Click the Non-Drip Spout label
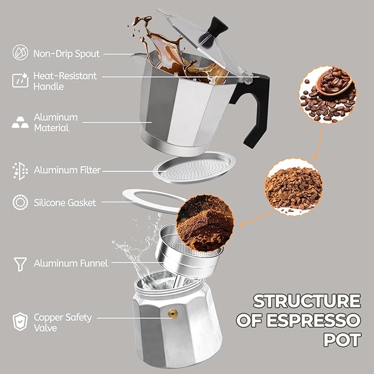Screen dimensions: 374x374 pyautogui.click(x=67, y=53)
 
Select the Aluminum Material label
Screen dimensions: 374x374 pyautogui.click(x=56, y=122)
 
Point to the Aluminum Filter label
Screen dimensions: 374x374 pyautogui.click(x=67, y=170)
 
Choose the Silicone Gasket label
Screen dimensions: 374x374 pyautogui.click(x=64, y=203)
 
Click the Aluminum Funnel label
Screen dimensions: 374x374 pyautogui.click(x=71, y=263)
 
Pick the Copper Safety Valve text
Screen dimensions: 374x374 pyautogui.click(x=63, y=322)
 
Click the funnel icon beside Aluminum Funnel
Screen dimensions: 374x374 pyautogui.click(x=20, y=264)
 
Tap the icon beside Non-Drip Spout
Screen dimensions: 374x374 pyautogui.click(x=20, y=53)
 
